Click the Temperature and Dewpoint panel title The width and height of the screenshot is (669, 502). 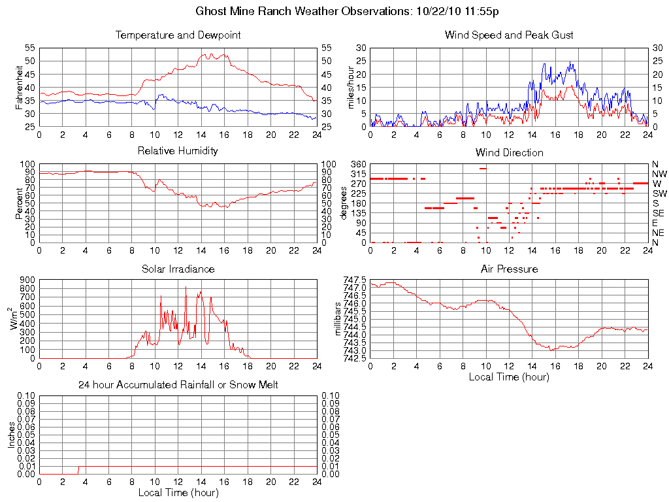tap(178, 35)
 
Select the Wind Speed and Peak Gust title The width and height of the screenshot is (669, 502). tap(509, 35)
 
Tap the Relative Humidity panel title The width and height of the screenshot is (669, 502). tap(178, 151)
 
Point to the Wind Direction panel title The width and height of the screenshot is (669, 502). tap(509, 152)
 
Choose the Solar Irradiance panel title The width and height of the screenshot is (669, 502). tap(178, 269)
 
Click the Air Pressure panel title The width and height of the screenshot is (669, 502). tap(509, 269)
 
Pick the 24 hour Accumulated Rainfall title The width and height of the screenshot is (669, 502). tap(178, 385)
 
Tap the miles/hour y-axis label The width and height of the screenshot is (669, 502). tap(351, 87)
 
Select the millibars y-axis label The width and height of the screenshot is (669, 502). tap(338, 319)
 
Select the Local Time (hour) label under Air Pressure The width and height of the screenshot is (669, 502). tap(509, 376)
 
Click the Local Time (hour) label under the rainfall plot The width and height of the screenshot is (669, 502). tap(178, 493)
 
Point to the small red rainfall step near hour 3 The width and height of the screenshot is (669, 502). tap(79, 469)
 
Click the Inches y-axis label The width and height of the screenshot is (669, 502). tap(12, 435)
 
